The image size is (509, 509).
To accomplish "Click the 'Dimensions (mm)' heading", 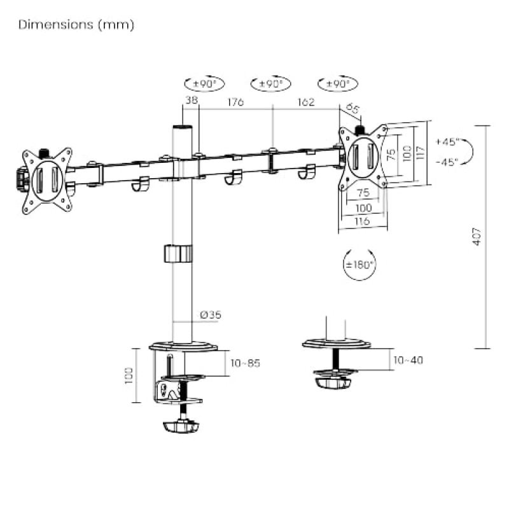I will (76, 25).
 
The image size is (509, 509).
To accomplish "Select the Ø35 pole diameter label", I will (211, 314).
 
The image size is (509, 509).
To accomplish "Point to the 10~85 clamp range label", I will (245, 363).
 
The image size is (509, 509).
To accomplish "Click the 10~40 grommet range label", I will (408, 360).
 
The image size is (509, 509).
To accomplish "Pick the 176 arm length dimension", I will (235, 102).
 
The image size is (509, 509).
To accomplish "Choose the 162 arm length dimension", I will (305, 102).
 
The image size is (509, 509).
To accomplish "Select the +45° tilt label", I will (447, 141).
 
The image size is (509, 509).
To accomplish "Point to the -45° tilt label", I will (447, 162).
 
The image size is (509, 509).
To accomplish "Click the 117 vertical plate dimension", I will (420, 153).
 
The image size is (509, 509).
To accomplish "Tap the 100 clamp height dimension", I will (130, 375).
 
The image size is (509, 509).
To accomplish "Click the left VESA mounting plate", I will (46, 180).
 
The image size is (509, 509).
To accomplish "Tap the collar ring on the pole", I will (178, 253).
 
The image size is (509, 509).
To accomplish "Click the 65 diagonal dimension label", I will (353, 109).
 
